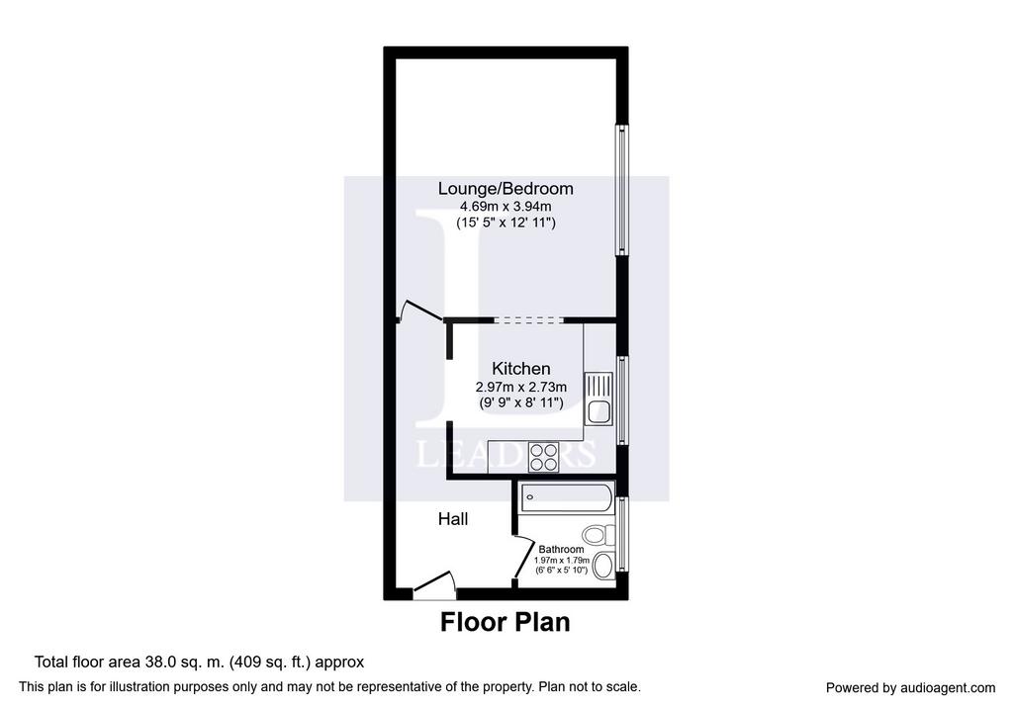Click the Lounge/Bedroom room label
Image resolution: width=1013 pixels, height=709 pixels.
tap(506, 189)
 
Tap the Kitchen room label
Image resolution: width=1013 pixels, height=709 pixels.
tap(520, 369)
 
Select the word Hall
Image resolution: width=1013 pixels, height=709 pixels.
tap(453, 519)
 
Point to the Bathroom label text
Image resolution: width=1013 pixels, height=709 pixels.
tap(561, 550)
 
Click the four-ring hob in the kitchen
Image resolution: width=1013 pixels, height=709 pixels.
tap(543, 457)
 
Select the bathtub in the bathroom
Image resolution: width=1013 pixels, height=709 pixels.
tap(566, 497)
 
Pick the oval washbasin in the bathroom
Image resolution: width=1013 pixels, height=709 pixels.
tap(603, 566)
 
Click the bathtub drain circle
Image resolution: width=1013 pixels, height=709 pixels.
tap(530, 497)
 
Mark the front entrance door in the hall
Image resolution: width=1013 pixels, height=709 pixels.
tap(434, 581)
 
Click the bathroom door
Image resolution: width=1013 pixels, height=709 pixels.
tap(523, 557)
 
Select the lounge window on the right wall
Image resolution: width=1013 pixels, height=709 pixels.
tap(621, 190)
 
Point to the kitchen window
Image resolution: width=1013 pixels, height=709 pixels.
tap(621, 400)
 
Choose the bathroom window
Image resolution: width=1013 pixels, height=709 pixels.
tap(621, 534)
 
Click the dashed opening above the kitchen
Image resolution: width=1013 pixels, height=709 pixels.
tap(528, 319)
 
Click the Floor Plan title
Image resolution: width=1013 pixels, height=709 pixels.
tap(506, 622)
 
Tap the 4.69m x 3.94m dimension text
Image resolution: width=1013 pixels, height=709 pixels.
tap(506, 207)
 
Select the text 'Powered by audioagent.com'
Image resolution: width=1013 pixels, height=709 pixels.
tap(910, 688)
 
